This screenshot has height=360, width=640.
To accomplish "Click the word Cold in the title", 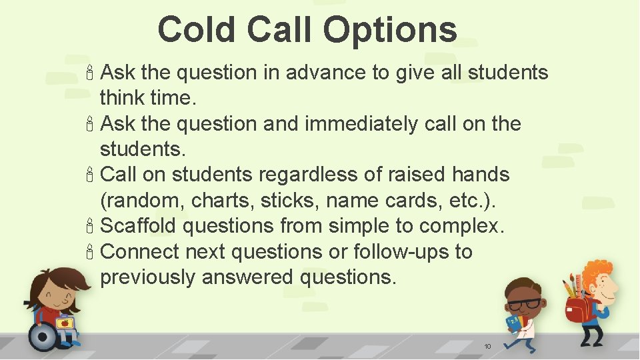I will pyautogui.click(x=197, y=30).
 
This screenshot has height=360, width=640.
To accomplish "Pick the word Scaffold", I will pyautogui.click(x=138, y=226).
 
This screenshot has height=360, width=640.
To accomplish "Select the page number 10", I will pyautogui.click(x=487, y=347).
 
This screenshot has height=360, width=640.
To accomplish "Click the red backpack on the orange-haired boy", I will pyautogui.click(x=579, y=309).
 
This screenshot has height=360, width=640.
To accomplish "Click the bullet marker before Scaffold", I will pyautogui.click(x=91, y=227).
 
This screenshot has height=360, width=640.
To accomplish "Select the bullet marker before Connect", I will pyautogui.click(x=91, y=253).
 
